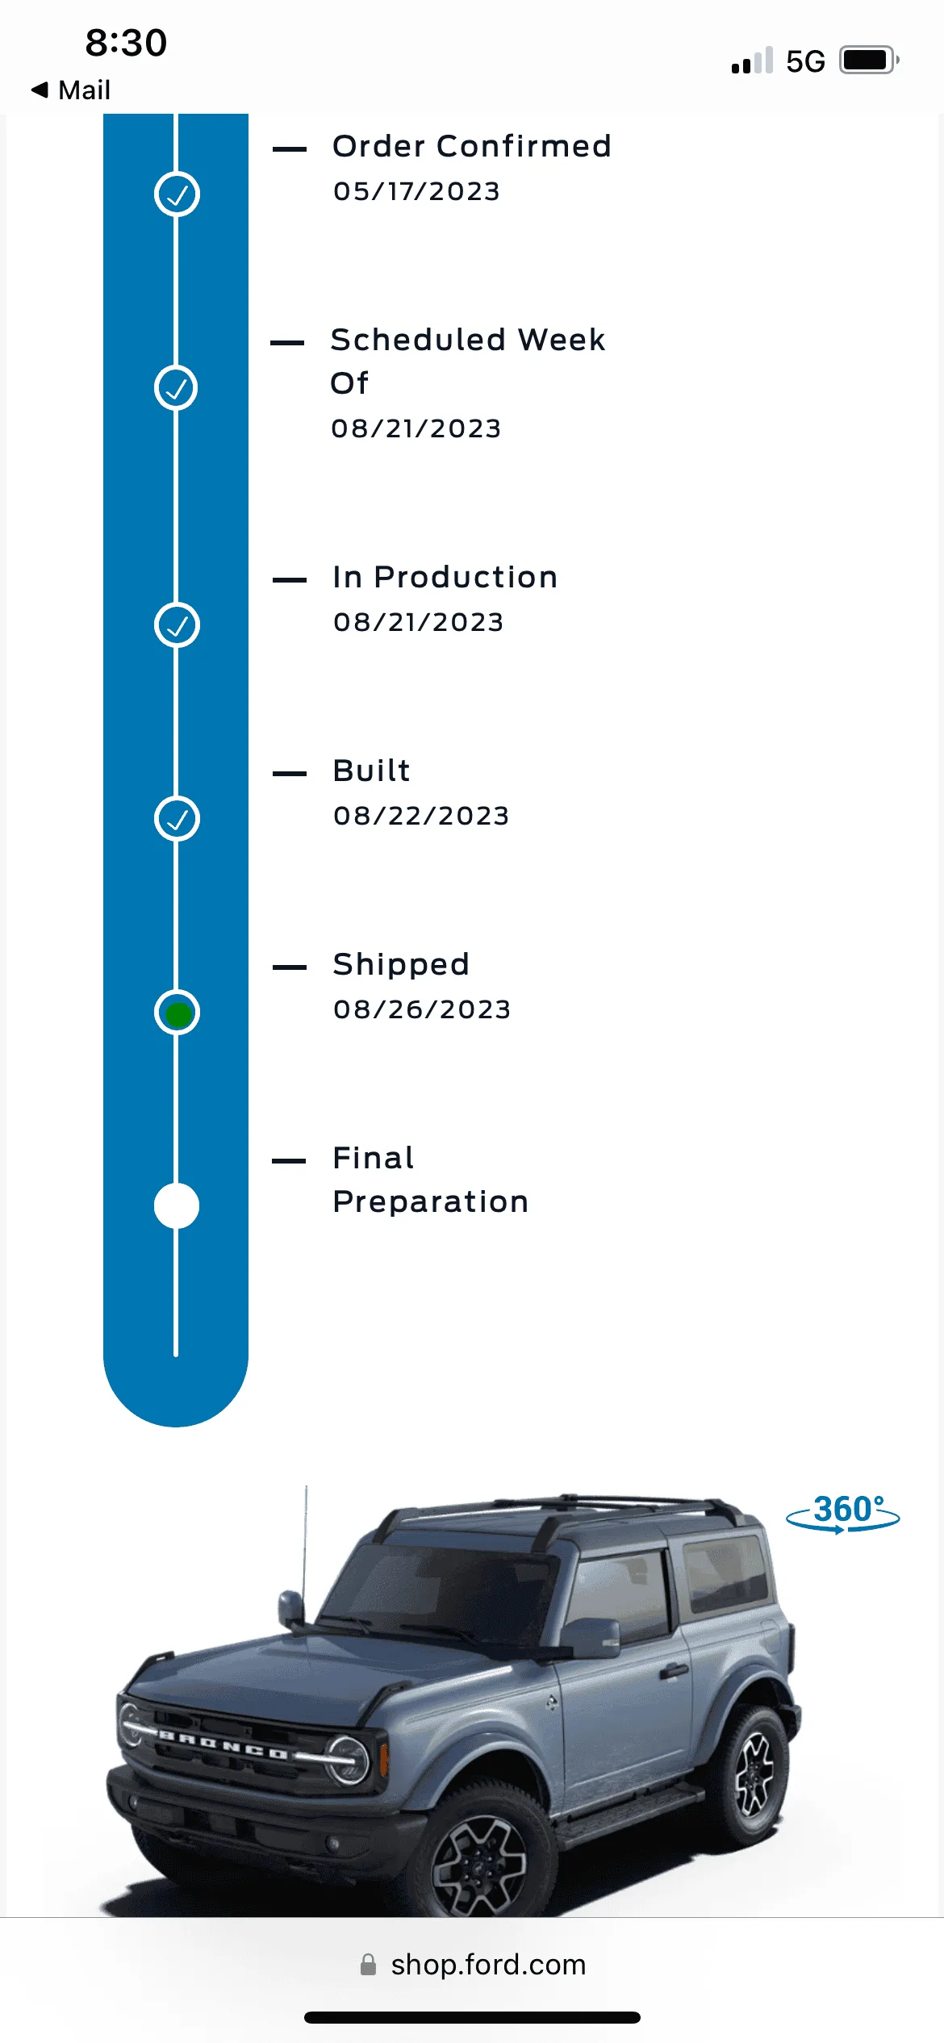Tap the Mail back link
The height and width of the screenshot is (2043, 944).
(x=70, y=90)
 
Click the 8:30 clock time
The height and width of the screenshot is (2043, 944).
(x=126, y=43)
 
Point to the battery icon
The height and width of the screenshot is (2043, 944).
(x=870, y=61)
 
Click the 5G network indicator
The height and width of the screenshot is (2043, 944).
(x=805, y=61)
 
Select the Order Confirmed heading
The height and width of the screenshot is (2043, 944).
(x=472, y=146)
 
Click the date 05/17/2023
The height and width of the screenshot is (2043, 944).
(x=417, y=191)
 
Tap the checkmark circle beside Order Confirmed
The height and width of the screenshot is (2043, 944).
(x=177, y=194)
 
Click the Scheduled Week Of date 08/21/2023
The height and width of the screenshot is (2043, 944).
(x=416, y=428)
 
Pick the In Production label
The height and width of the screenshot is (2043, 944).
(x=445, y=577)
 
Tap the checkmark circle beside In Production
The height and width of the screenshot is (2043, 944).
(x=177, y=625)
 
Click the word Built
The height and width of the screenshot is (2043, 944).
(x=372, y=771)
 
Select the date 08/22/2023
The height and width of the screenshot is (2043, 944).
(x=421, y=816)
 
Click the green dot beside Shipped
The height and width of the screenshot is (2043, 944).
(x=178, y=1013)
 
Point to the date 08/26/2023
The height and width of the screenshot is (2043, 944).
(x=422, y=1009)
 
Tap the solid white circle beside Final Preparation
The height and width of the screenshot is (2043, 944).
(x=177, y=1206)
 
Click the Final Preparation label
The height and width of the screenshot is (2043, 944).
(x=431, y=1180)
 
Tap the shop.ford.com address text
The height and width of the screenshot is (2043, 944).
(x=488, y=1965)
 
